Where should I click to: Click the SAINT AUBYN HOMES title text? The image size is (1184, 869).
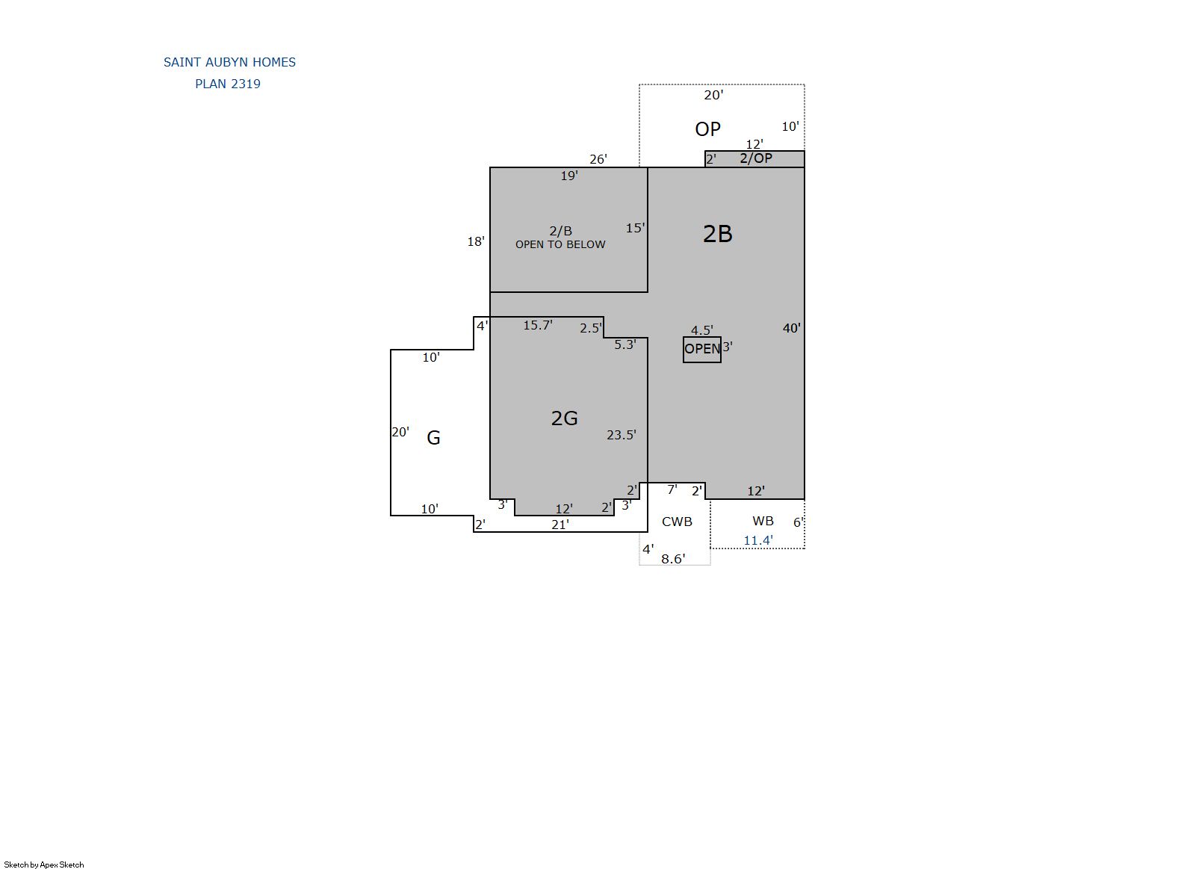tap(229, 62)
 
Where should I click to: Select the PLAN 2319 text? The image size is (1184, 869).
tap(228, 84)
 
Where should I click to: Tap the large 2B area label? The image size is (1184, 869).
tap(717, 234)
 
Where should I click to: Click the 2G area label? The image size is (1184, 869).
tap(564, 418)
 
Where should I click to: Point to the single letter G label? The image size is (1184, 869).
tap(433, 438)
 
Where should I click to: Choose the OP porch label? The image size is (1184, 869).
tap(707, 129)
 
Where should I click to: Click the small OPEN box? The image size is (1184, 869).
tap(702, 350)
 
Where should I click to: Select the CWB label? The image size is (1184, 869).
tap(677, 522)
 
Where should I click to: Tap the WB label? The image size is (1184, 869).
tap(763, 522)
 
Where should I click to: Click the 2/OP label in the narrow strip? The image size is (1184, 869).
tap(755, 158)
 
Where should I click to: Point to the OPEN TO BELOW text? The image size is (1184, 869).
tap(560, 245)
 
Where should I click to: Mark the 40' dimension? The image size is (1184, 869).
tap(791, 328)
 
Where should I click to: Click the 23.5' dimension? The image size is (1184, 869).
tap(621, 435)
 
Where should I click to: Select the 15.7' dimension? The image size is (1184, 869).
tap(538, 325)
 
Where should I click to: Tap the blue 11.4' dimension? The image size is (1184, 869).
tap(758, 540)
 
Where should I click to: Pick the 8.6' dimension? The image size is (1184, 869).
tap(673, 559)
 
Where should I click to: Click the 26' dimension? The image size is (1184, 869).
tap(598, 159)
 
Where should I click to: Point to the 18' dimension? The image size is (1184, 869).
tap(476, 241)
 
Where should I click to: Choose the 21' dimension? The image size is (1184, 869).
tap(560, 525)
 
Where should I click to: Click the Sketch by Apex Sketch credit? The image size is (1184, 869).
tap(44, 865)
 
